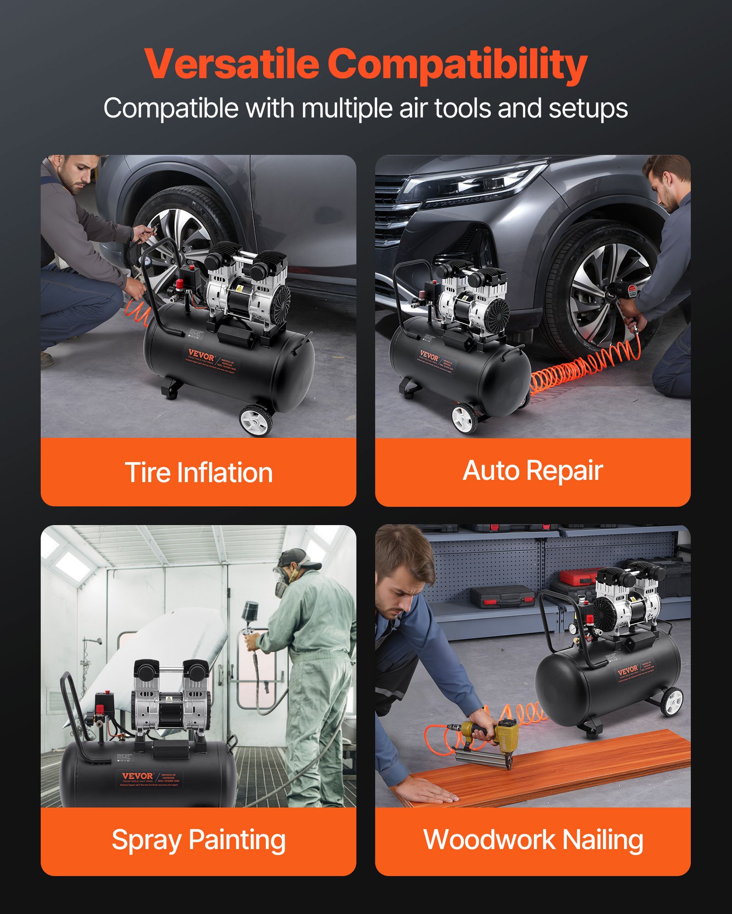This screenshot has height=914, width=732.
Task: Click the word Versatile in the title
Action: [x=231, y=64]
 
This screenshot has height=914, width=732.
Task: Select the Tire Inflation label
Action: [x=199, y=472]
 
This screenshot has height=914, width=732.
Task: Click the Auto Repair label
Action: [x=533, y=471]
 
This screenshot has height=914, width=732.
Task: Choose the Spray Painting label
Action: [x=199, y=840]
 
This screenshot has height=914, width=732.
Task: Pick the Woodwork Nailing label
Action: [x=533, y=840]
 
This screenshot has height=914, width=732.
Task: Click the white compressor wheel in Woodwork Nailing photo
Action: [x=672, y=701]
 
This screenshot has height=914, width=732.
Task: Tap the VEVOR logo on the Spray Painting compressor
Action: [x=137, y=776]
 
